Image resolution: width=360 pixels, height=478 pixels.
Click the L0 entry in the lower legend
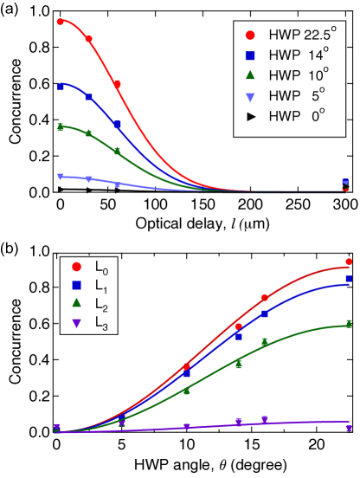(87, 268)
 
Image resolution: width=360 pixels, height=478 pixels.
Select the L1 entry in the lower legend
(87, 286)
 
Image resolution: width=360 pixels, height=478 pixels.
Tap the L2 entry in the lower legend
(87, 304)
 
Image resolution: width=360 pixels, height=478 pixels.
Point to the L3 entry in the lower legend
(87, 324)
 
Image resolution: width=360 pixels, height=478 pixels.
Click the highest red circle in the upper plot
(60, 22)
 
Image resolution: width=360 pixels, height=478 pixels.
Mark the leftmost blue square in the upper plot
(60, 87)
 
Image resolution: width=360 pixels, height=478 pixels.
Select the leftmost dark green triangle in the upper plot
(60, 126)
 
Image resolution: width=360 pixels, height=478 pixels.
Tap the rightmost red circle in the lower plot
(349, 262)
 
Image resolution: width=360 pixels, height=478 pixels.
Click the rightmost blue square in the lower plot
(349, 279)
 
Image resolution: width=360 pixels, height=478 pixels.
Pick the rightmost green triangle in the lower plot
(349, 323)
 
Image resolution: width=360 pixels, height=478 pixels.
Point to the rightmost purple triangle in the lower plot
(349, 428)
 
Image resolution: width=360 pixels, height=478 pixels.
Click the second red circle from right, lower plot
(265, 298)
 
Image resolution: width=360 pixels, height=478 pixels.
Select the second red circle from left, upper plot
(88, 39)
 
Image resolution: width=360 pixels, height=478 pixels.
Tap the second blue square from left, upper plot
(88, 97)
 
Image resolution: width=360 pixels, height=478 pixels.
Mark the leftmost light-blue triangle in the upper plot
(60, 177)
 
